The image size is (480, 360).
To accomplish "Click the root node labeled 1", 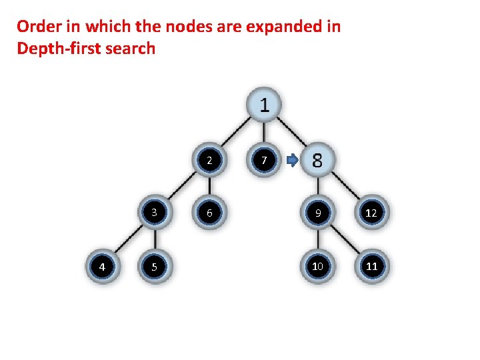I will [264, 105].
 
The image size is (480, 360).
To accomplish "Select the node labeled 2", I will [209, 161].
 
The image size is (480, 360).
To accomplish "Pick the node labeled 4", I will [101, 267].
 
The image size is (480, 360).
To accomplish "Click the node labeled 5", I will [155, 267].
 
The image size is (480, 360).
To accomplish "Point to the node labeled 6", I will [209, 213].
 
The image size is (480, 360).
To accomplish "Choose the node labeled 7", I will [264, 161].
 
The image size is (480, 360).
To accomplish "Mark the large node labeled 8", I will [317, 161].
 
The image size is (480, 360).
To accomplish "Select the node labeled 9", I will [318, 213].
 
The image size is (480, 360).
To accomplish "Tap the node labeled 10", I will [318, 267].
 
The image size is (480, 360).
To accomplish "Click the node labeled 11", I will [372, 267].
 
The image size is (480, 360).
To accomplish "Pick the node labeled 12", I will [372, 213].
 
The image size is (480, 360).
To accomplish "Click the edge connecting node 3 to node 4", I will [127, 240].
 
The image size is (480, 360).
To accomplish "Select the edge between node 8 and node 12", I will [345, 187].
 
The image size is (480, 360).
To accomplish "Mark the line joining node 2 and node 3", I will [181, 187].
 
